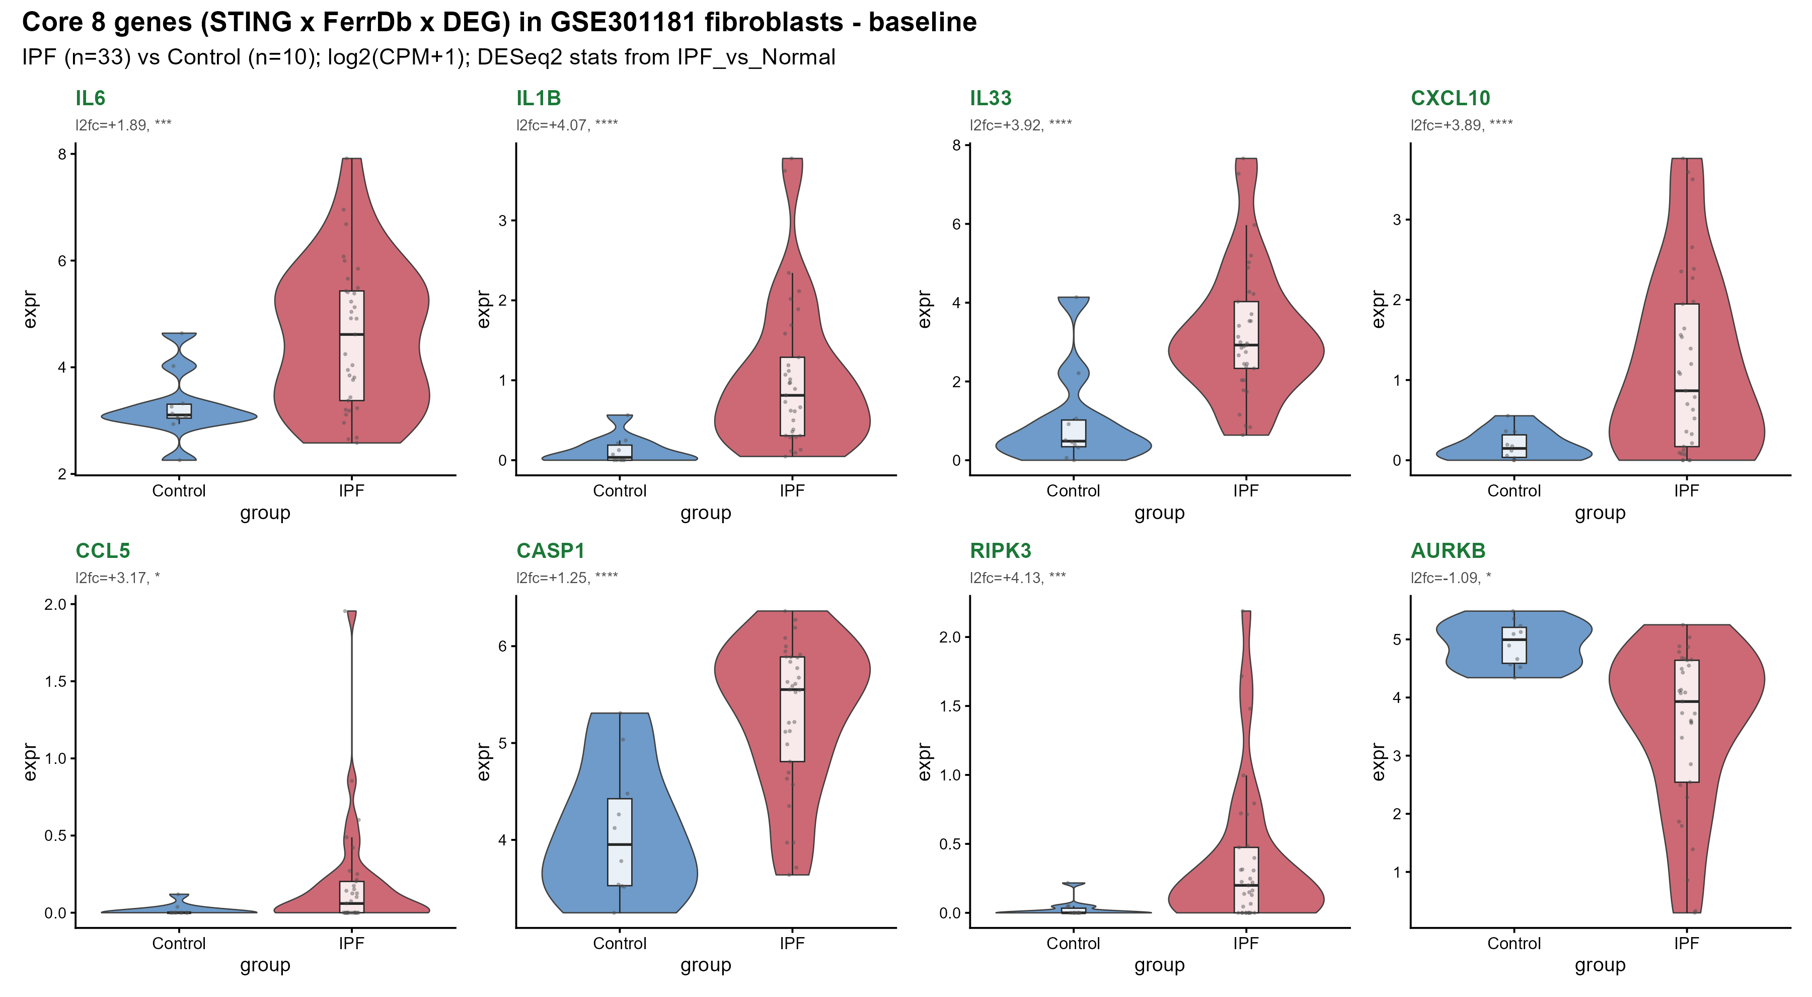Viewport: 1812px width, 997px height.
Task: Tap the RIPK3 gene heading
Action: click(1000, 551)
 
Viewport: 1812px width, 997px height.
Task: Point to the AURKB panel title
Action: click(1448, 551)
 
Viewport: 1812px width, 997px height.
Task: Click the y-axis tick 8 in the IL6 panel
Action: click(62, 154)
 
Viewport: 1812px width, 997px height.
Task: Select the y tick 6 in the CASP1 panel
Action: click(502, 646)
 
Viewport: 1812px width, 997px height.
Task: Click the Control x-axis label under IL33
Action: click(1073, 491)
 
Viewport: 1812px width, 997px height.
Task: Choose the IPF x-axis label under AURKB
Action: click(1686, 944)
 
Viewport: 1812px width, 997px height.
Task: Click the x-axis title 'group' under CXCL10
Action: click(1600, 513)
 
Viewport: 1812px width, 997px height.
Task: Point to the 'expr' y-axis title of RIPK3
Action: click(924, 761)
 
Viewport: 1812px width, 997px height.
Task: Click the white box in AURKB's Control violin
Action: click(1514, 645)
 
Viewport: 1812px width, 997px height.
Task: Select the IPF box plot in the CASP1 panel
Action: click(792, 709)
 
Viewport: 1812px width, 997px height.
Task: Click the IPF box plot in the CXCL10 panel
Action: click(1686, 375)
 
